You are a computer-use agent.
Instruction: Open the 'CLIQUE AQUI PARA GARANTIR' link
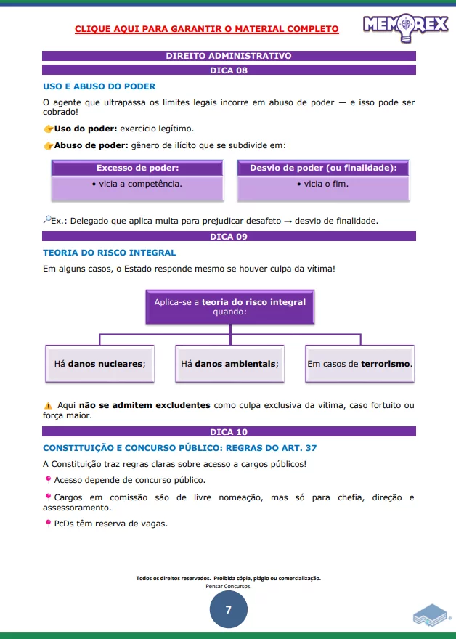tap(207, 29)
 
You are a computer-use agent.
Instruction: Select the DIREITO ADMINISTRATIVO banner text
tap(229, 55)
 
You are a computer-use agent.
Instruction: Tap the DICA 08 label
tap(229, 70)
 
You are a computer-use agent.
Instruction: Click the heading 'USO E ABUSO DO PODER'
tap(99, 86)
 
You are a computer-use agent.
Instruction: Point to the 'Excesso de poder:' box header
tap(137, 168)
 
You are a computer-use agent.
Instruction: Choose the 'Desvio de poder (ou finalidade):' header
tap(323, 168)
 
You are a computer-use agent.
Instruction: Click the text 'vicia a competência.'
tap(137, 184)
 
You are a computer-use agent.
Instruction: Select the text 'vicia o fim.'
tap(322, 184)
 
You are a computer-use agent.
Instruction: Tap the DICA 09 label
tap(229, 237)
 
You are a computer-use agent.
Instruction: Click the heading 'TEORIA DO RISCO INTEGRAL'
tap(109, 253)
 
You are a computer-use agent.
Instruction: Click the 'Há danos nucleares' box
tap(99, 363)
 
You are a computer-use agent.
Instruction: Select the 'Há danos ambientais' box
tap(229, 363)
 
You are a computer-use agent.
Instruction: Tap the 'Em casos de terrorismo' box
tap(359, 363)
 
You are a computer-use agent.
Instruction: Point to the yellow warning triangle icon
tap(48, 405)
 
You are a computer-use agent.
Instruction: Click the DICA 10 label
tap(229, 432)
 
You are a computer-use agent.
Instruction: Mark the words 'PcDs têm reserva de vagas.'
tap(110, 523)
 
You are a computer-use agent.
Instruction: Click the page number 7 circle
tap(228, 610)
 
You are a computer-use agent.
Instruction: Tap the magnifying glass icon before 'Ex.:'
tap(46, 220)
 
